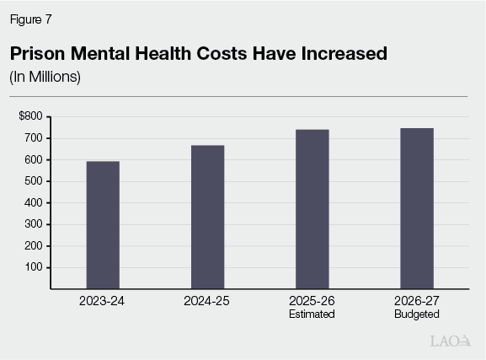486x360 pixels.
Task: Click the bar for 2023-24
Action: [x=103, y=225]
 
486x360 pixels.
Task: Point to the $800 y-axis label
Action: [x=29, y=116]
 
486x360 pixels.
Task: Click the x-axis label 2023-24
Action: [x=103, y=301]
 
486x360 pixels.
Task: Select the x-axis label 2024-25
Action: [x=207, y=301]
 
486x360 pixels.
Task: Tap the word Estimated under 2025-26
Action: [x=312, y=314]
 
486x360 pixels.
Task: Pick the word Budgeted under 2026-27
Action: [x=416, y=314]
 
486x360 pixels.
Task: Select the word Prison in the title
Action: [x=38, y=53]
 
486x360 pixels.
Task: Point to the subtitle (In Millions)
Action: [x=44, y=77]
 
